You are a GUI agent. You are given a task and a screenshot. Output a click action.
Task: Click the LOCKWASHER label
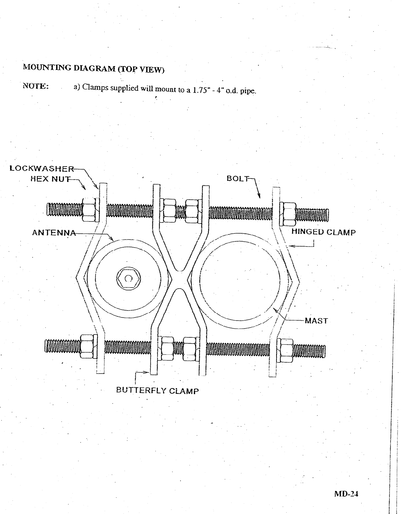tap(42, 169)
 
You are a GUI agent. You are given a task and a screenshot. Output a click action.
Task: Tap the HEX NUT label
tap(50, 179)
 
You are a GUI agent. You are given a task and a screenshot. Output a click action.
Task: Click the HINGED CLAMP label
tap(323, 232)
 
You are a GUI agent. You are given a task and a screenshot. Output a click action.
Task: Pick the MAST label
tap(316, 321)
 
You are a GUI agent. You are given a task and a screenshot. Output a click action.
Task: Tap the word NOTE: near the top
tap(35, 86)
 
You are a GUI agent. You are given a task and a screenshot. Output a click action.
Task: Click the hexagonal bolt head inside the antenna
tap(128, 278)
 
